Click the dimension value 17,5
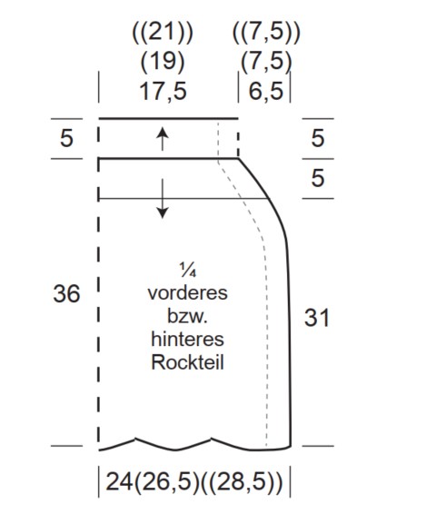pyautogui.click(x=163, y=91)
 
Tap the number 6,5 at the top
pyautogui.click(x=266, y=91)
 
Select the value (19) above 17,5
pyautogui.click(x=163, y=62)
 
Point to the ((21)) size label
pyautogui.click(x=163, y=33)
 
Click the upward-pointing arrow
pyautogui.click(x=163, y=139)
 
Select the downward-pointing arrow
pyautogui.click(x=163, y=199)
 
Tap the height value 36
pyautogui.click(x=66, y=294)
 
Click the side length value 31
pyautogui.click(x=317, y=318)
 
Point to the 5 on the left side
pyautogui.click(x=66, y=138)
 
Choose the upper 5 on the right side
pyautogui.click(x=318, y=138)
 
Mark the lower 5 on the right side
pyautogui.click(x=318, y=178)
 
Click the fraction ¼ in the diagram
pyautogui.click(x=188, y=270)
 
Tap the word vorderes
pyautogui.click(x=188, y=293)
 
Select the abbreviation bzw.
pyautogui.click(x=188, y=316)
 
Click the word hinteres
pyautogui.click(x=188, y=340)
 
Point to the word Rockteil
pyautogui.click(x=188, y=362)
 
